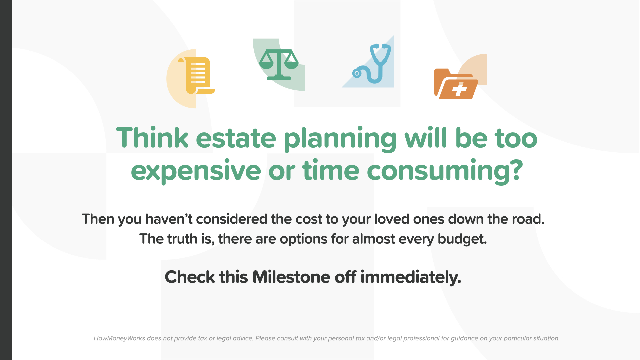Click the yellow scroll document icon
[197, 76]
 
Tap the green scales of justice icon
[279, 65]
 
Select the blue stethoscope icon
[372, 63]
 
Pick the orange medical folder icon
[456, 84]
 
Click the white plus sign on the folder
[460, 90]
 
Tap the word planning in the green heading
[340, 139]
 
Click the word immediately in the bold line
[411, 277]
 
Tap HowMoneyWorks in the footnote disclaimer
[119, 338]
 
